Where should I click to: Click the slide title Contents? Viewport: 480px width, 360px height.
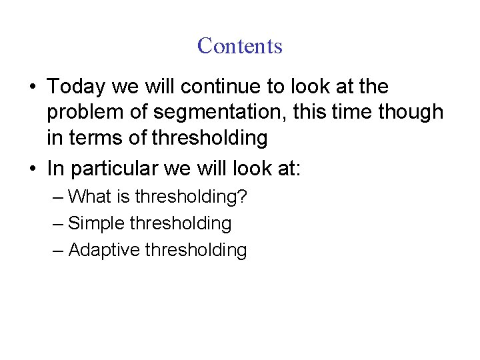tap(240, 46)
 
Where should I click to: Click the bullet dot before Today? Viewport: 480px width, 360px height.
tap(32, 87)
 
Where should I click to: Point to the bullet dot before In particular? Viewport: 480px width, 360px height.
tap(32, 169)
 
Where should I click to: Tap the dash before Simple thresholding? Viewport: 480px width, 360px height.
tap(58, 223)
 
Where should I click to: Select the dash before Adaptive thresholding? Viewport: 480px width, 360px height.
tap(58, 250)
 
